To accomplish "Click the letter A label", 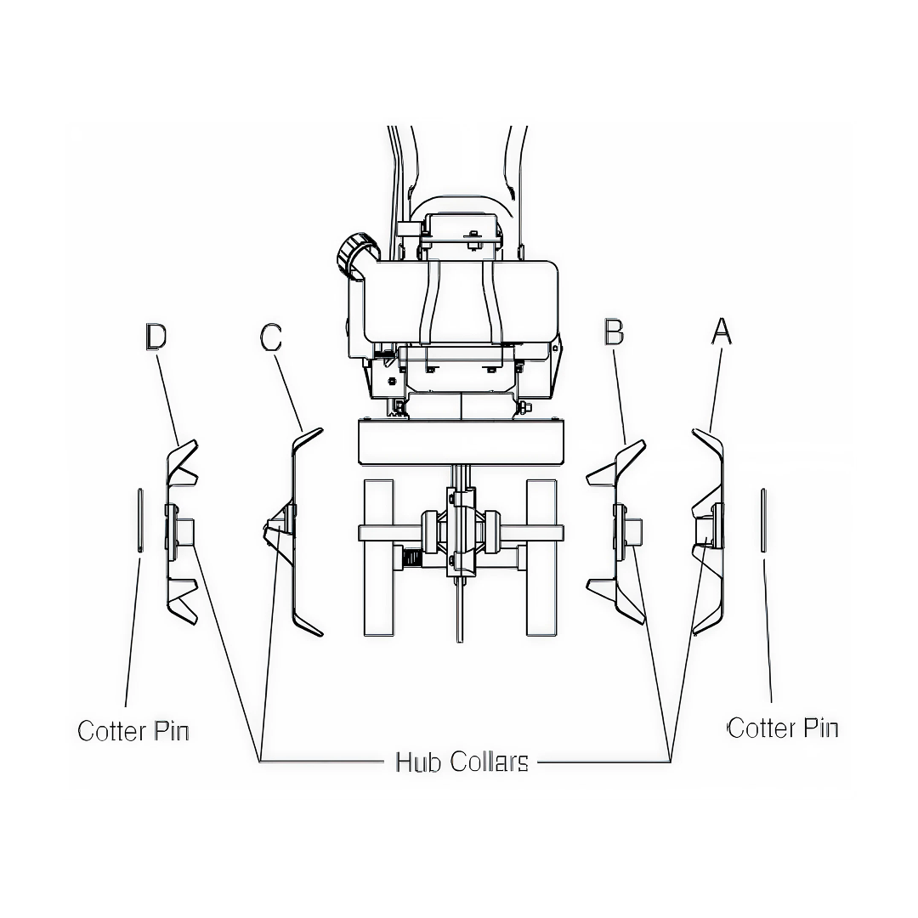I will coord(721,331).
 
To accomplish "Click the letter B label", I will coord(613,332).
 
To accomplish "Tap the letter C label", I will coord(270,337).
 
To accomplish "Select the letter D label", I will coord(156,337).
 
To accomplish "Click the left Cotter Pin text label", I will coord(133,731).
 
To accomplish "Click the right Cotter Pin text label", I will coord(783,728).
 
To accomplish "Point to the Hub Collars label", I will coord(462,762).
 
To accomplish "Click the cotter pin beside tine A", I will coord(764,520).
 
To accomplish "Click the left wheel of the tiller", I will coord(378,557).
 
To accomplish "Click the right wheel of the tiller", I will coord(541,557).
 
